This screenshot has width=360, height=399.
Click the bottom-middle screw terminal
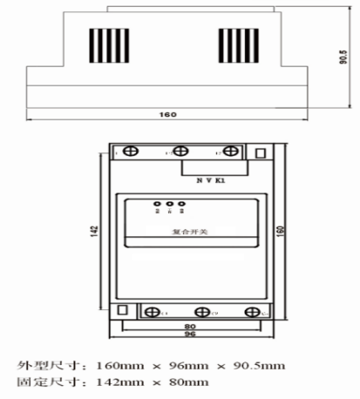[201, 311]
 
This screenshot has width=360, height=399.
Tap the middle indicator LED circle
[168, 205]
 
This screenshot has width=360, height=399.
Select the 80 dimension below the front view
[191, 327]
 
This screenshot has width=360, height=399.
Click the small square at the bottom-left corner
[124, 310]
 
